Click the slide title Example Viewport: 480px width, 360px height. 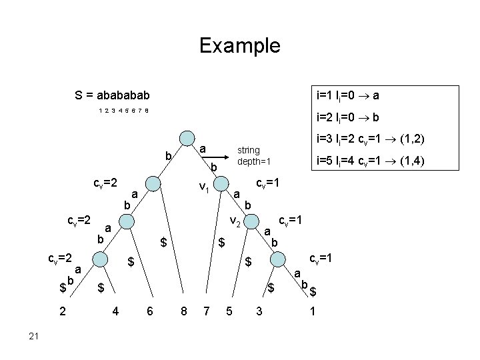tap(240, 46)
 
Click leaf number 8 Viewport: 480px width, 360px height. tap(183, 310)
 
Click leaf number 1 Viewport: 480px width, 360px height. tap(313, 310)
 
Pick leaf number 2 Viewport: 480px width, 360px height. tap(61, 310)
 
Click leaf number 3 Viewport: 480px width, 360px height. tap(259, 310)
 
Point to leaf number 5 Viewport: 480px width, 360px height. tap(229, 310)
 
